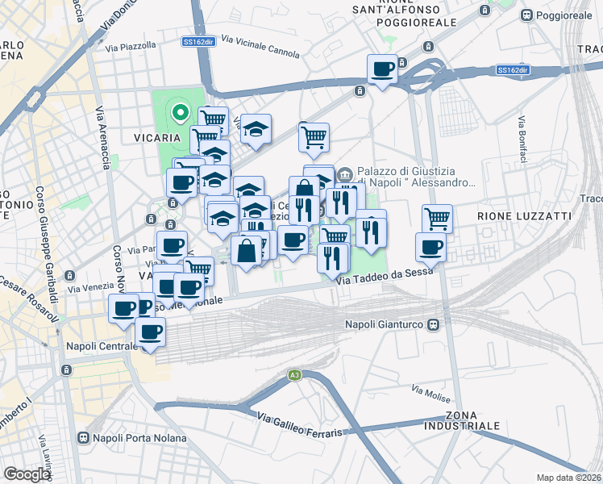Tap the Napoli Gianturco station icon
[x=434, y=324]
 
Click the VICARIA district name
[x=156, y=138]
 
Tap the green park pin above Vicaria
[x=181, y=114]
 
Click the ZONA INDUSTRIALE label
[x=466, y=419]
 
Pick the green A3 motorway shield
[x=294, y=375]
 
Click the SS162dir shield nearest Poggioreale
[x=512, y=70]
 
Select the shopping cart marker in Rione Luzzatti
[x=436, y=217]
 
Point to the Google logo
[x=27, y=474]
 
